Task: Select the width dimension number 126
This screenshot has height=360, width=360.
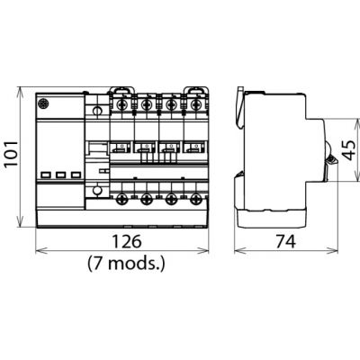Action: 126,241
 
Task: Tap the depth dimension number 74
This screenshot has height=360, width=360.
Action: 285,241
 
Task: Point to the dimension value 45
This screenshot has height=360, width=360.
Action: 349,149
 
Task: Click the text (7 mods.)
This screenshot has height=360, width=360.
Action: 126,264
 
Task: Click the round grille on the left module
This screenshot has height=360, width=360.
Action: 43,104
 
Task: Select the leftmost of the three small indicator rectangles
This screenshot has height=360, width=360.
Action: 47,175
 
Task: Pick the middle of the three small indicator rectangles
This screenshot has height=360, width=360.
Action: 61,175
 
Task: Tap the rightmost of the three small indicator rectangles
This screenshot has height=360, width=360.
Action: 76,175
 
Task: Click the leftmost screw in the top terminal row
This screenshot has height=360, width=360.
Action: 122,105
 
